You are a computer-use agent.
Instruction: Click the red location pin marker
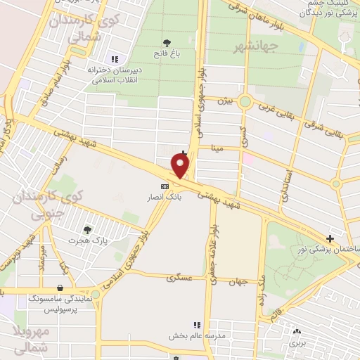tap(181, 165)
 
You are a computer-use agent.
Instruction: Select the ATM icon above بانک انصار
tap(165, 186)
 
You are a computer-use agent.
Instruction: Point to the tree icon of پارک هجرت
tap(87, 229)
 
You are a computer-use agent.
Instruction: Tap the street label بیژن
tap(224, 101)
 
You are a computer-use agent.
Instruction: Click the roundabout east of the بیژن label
tap(245, 102)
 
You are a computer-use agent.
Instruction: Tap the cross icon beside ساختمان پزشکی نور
tap(330, 240)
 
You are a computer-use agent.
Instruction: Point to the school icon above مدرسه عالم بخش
tap(197, 325)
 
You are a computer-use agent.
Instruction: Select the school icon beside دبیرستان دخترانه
tap(115, 60)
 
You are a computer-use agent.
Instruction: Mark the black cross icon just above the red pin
tap(184, 153)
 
